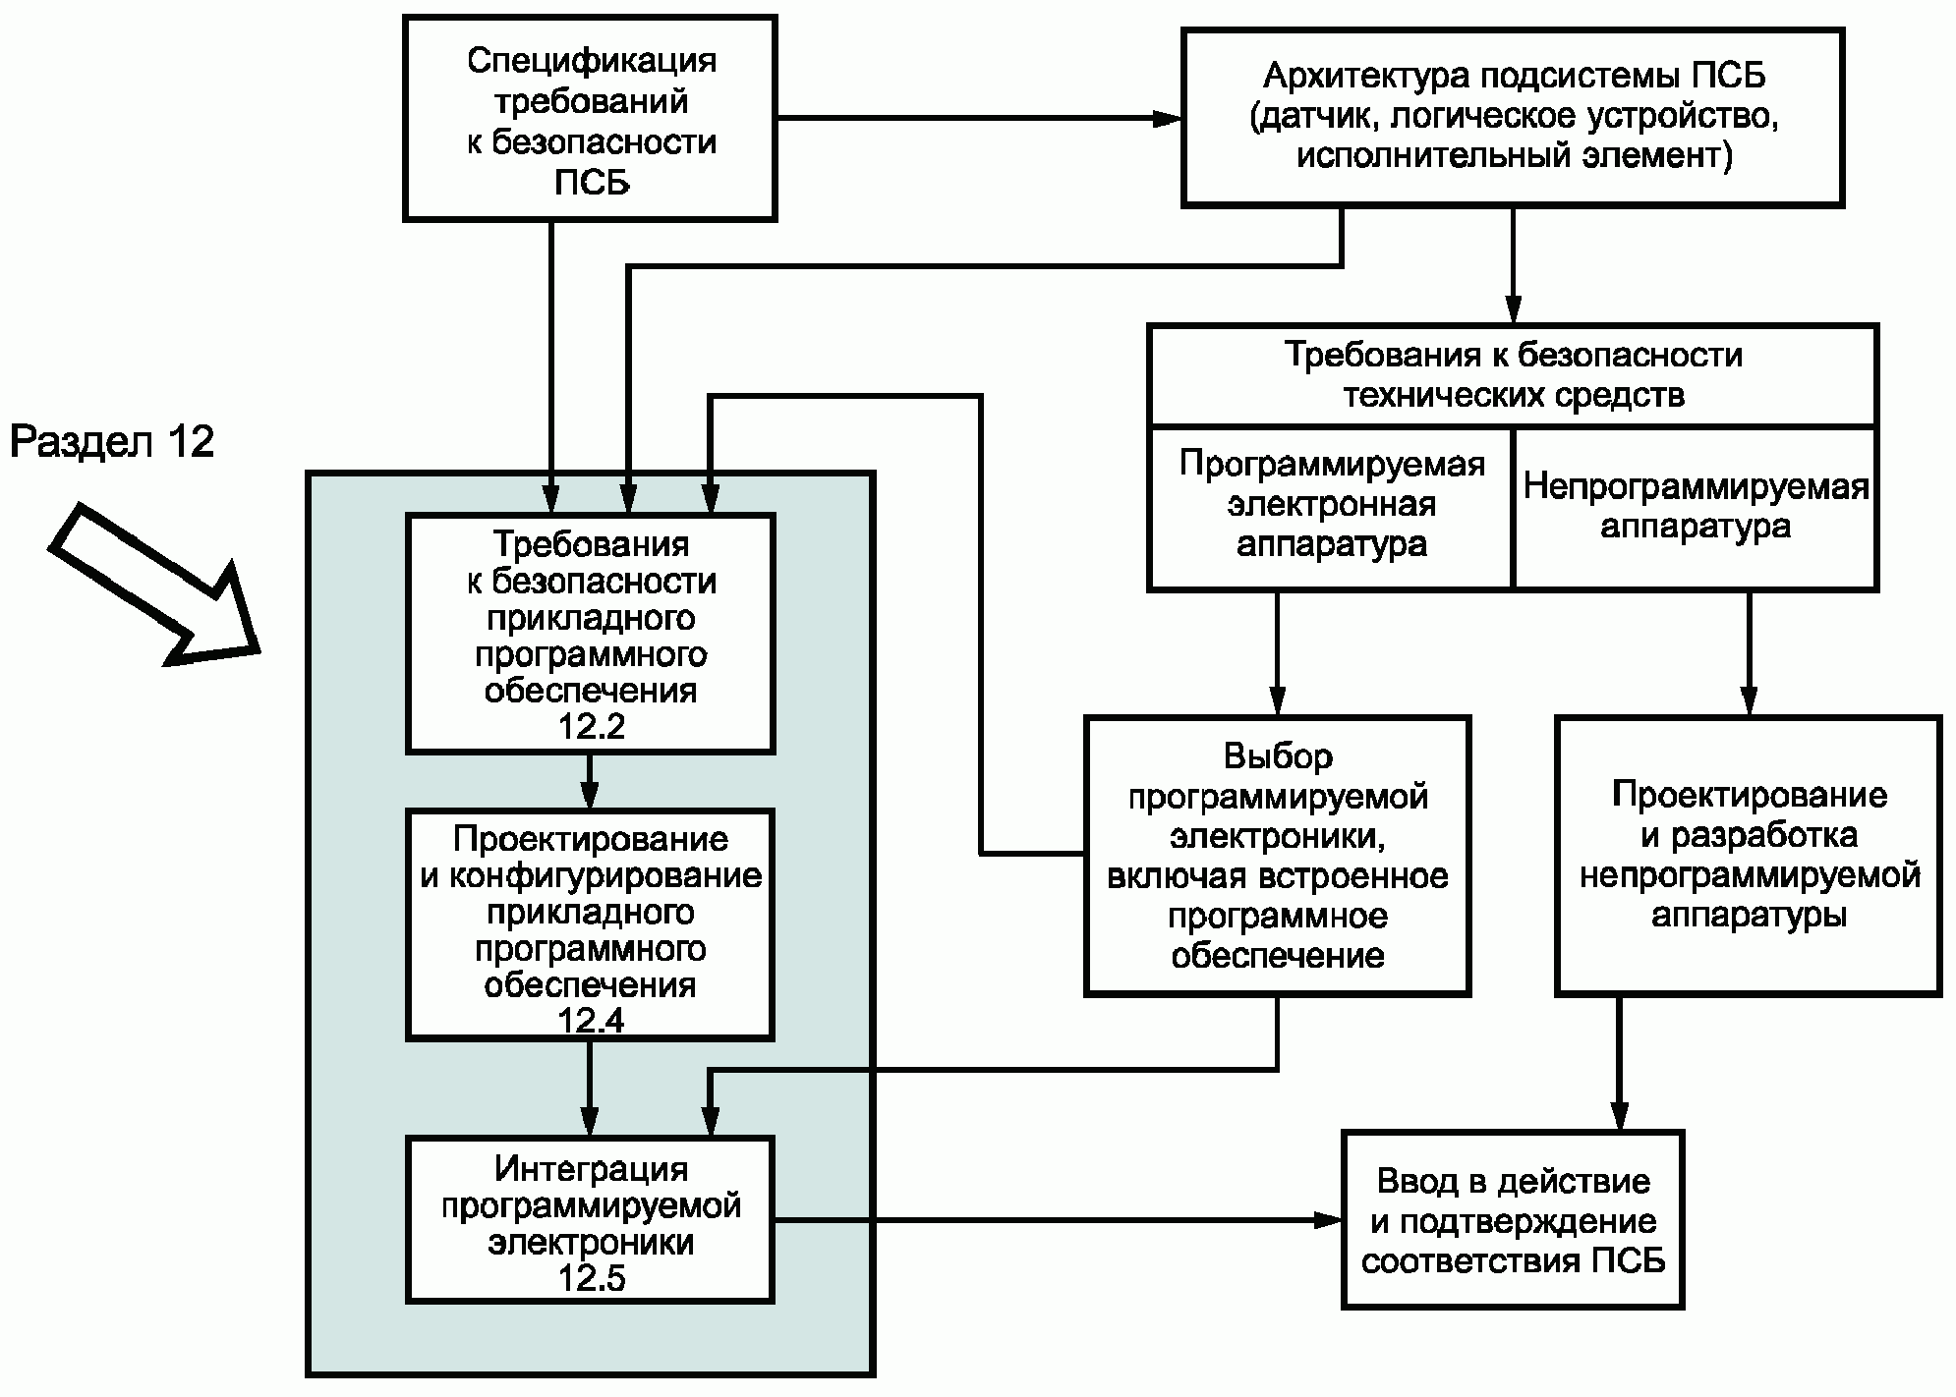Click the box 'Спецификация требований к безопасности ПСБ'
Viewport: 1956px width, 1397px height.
590,118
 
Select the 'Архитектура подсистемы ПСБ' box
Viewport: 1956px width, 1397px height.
1513,118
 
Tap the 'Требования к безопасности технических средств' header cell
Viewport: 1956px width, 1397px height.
1513,375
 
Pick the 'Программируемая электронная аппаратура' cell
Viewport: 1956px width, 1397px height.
1331,507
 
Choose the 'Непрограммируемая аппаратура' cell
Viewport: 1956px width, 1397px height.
1696,507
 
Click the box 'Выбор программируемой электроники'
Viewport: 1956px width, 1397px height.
1278,856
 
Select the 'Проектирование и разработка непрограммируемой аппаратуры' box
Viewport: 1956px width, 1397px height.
1749,856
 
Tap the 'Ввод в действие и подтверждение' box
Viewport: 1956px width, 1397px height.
1513,1219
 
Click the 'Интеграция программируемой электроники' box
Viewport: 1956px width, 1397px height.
590,1219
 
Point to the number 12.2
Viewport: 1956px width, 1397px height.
591,727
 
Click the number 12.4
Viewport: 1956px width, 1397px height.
591,1022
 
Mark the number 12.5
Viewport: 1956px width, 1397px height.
591,1279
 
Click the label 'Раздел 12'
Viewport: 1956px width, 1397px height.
112,442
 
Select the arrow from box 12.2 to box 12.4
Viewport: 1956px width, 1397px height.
589,781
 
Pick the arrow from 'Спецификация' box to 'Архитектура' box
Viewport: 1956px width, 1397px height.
979,119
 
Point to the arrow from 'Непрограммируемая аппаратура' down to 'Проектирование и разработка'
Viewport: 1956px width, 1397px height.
1749,653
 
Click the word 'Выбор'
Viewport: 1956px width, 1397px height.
1278,756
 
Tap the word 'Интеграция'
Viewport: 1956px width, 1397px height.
591,1169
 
